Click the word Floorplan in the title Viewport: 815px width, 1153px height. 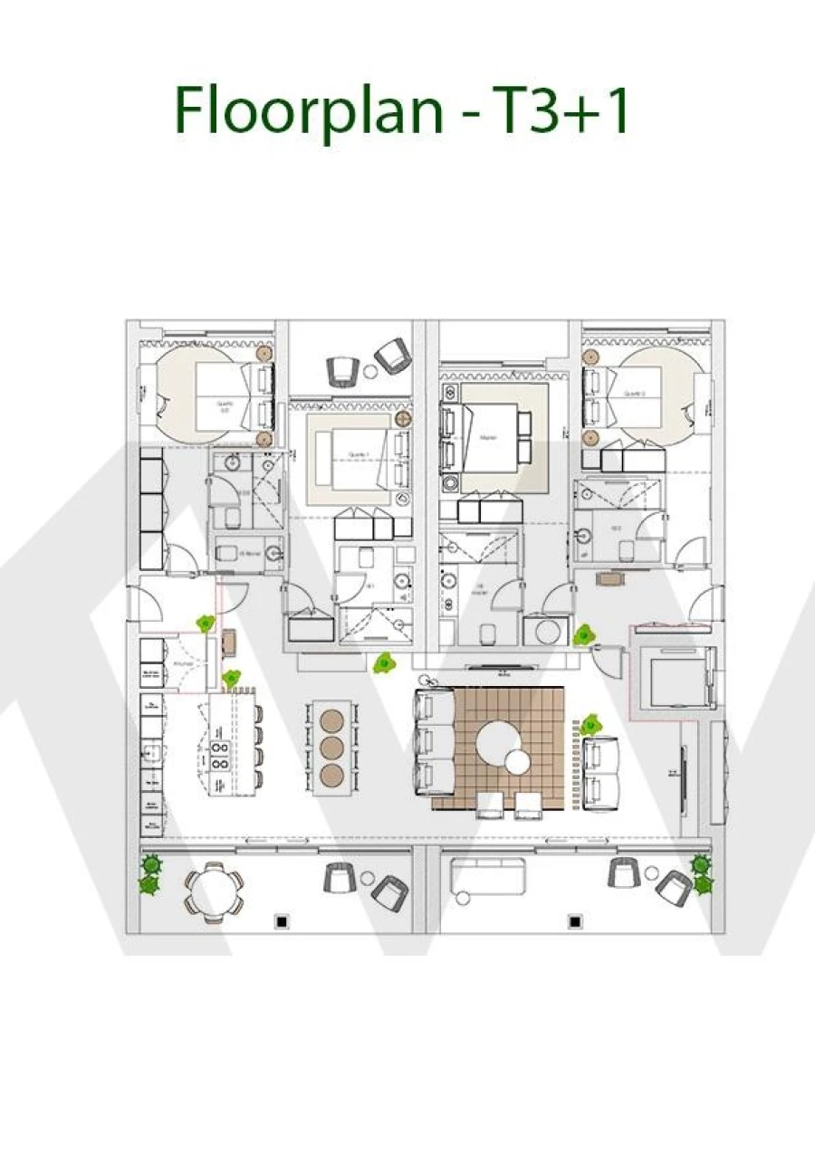pyautogui.click(x=309, y=110)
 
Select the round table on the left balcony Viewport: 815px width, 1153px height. pyautogui.click(x=215, y=891)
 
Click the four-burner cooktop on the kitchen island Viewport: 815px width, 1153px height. pyautogui.click(x=220, y=756)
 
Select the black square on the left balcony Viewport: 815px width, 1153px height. pyautogui.click(x=283, y=921)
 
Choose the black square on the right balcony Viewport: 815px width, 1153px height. pyautogui.click(x=574, y=921)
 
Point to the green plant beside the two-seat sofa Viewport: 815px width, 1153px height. pyautogui.click(x=590, y=724)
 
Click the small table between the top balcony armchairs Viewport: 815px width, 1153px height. pyautogui.click(x=369, y=372)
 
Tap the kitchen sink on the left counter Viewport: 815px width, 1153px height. pyautogui.click(x=151, y=749)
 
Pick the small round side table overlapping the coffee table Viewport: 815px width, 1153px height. pyautogui.click(x=517, y=762)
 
